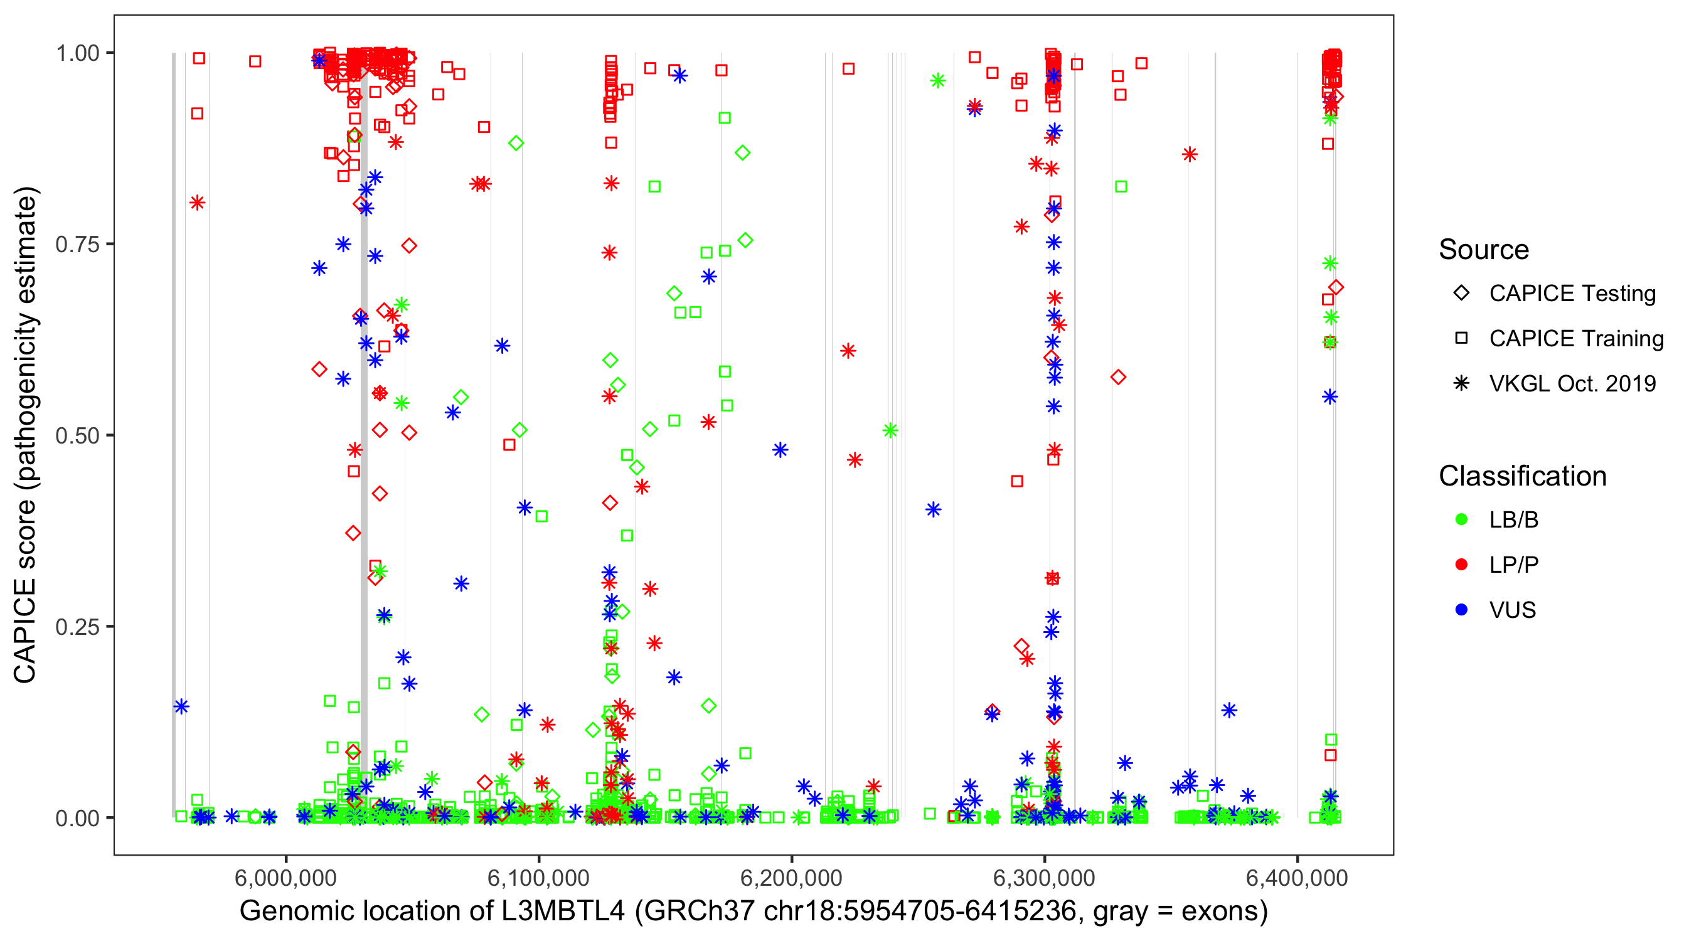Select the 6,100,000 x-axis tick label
pyautogui.click(x=538, y=878)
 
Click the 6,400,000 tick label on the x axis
pyautogui.click(x=1297, y=878)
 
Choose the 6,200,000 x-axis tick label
pyautogui.click(x=791, y=878)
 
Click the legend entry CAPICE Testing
pyautogui.click(x=1572, y=294)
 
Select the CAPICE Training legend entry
pyautogui.click(x=1575, y=339)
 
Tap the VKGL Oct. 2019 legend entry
pyautogui.click(x=1572, y=383)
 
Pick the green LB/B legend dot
pyautogui.click(x=1461, y=519)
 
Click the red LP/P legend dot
pyautogui.click(x=1461, y=565)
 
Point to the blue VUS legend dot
pyautogui.click(x=1461, y=610)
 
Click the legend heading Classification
pyautogui.click(x=1522, y=476)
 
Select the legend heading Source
pyautogui.click(x=1484, y=250)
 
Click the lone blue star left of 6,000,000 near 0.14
pyautogui.click(x=181, y=706)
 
